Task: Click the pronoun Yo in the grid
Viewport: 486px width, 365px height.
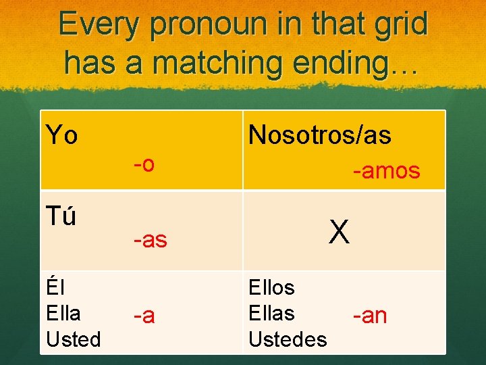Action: pyautogui.click(x=61, y=135)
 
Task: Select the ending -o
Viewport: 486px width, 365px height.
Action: pyautogui.click(x=144, y=164)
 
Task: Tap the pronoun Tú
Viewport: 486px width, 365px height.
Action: pyautogui.click(x=61, y=217)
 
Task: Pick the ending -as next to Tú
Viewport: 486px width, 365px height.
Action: pyautogui.click(x=150, y=239)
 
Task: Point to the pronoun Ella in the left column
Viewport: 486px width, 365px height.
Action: pyautogui.click(x=63, y=314)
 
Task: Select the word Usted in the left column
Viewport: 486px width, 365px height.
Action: pyautogui.click(x=73, y=339)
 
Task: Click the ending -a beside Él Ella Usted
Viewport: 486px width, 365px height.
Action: pyautogui.click(x=144, y=315)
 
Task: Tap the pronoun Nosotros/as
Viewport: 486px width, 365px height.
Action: pyautogui.click(x=319, y=135)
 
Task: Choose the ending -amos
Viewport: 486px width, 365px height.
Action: pyautogui.click(x=386, y=172)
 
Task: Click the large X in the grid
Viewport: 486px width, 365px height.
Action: pyautogui.click(x=339, y=233)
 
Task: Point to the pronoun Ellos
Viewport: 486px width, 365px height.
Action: pyautogui.click(x=271, y=288)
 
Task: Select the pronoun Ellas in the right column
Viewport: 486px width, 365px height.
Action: pyautogui.click(x=271, y=314)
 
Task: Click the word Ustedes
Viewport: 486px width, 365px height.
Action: pyautogui.click(x=288, y=339)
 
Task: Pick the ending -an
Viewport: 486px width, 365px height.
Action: pyautogui.click(x=369, y=315)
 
